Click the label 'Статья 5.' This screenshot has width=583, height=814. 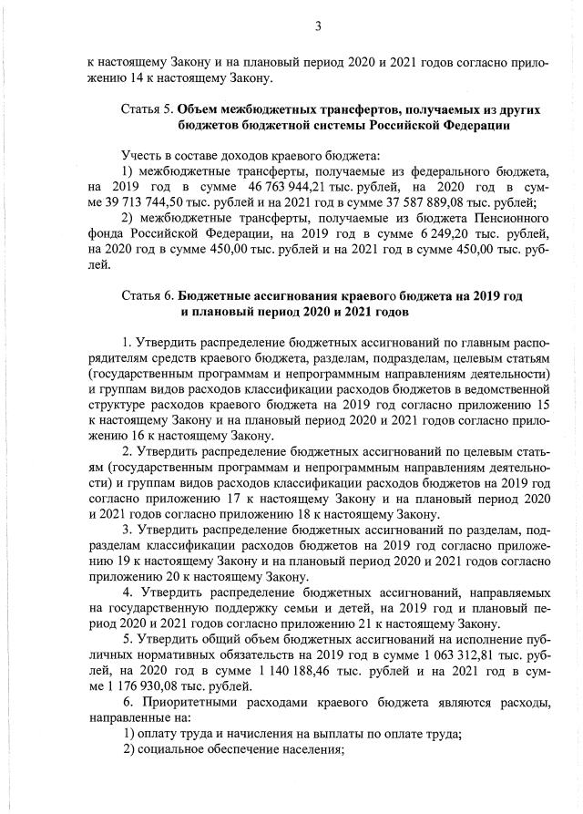(x=148, y=109)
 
